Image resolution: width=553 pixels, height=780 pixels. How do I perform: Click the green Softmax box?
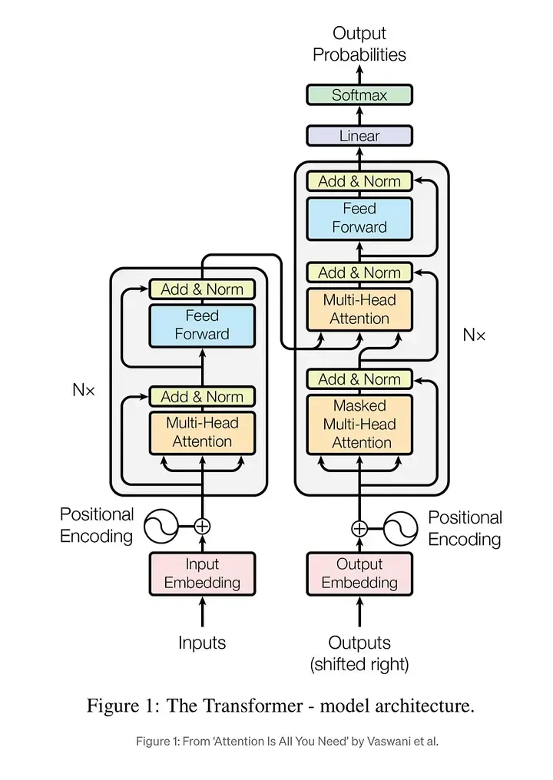pyautogui.click(x=359, y=95)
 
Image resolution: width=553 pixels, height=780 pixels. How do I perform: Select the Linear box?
pyautogui.click(x=359, y=136)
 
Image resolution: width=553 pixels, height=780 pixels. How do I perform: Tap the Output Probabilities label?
pyautogui.click(x=359, y=44)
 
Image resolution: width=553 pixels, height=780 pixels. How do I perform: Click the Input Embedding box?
pyautogui.click(x=202, y=573)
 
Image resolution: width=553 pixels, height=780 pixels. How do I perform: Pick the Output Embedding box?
pyautogui.click(x=359, y=573)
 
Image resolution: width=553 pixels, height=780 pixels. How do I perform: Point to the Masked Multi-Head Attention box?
pyautogui.click(x=359, y=424)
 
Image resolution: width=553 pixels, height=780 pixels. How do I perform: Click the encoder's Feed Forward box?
pyautogui.click(x=202, y=325)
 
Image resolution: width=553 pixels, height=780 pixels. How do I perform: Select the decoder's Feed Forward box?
pyautogui.click(x=359, y=217)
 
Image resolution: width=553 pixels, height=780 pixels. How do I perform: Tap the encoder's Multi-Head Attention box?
pyautogui.click(x=202, y=431)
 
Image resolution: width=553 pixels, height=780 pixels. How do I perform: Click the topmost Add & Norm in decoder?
pyautogui.click(x=359, y=181)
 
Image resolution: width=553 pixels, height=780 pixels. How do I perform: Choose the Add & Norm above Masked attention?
pyautogui.click(x=359, y=379)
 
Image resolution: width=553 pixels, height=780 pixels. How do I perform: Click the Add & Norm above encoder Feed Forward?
pyautogui.click(x=202, y=289)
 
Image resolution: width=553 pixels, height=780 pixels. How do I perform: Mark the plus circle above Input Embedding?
pyautogui.click(x=202, y=526)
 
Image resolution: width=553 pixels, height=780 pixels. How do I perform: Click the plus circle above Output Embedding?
pyautogui.click(x=359, y=528)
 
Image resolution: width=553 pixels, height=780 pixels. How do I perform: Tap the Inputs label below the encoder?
pyautogui.click(x=202, y=643)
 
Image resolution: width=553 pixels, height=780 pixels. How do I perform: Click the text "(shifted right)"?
pyautogui.click(x=359, y=664)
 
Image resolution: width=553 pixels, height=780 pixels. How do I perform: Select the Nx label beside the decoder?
pyautogui.click(x=474, y=335)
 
